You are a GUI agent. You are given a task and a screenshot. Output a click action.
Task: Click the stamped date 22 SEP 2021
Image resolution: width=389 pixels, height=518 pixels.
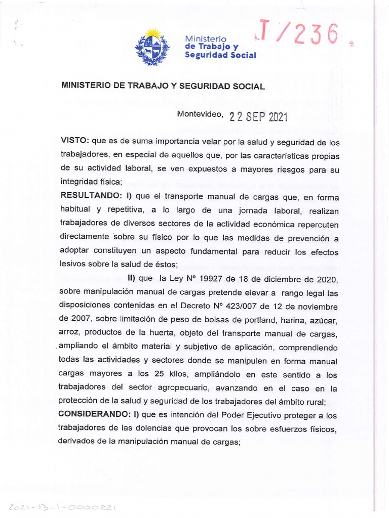point(258,117)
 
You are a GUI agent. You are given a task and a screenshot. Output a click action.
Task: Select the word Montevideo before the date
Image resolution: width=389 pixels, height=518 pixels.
point(199,114)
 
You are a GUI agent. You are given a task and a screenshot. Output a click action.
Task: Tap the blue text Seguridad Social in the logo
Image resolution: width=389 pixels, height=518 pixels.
point(220,55)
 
